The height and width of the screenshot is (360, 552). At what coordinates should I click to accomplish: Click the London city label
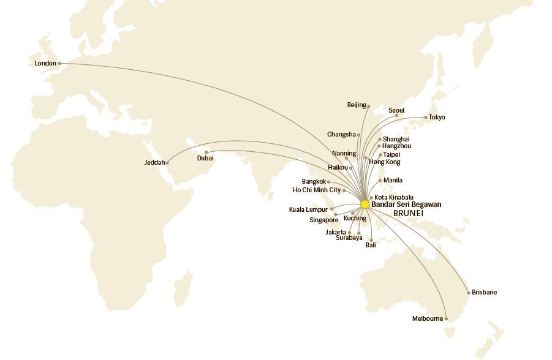45,63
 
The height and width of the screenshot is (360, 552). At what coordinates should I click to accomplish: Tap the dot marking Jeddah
167,163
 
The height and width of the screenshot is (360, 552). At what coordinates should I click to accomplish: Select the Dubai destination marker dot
206,152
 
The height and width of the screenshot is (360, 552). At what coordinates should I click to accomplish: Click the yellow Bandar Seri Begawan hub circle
365,204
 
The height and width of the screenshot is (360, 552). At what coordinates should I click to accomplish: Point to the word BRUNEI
408,213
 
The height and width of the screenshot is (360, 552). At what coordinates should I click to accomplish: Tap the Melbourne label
427,318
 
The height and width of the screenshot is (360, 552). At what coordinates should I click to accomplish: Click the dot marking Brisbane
469,293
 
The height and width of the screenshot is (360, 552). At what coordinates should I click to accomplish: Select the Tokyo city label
437,117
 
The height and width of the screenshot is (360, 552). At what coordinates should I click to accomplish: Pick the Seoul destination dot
396,116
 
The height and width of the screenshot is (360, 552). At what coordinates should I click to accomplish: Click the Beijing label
356,105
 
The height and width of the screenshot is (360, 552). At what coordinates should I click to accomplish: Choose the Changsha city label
341,135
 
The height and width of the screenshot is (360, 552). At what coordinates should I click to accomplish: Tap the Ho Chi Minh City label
317,190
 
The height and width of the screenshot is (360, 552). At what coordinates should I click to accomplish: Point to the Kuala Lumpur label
308,209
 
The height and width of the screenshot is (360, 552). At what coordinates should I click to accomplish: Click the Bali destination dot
371,239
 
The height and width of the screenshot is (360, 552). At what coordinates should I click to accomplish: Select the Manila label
393,181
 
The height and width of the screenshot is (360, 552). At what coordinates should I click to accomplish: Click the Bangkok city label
314,181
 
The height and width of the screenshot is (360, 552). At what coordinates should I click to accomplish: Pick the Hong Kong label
384,162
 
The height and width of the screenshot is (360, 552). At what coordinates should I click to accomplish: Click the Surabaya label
349,238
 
